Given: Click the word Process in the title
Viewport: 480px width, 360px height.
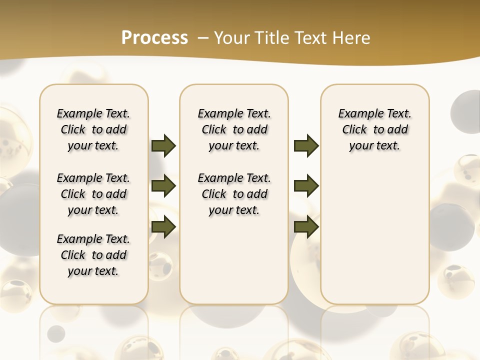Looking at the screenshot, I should (154, 37).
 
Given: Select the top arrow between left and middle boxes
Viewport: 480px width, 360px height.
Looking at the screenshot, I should (163, 146).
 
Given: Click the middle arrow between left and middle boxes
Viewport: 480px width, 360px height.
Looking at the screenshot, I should (163, 186).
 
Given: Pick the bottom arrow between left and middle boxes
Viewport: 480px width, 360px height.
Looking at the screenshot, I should (163, 226).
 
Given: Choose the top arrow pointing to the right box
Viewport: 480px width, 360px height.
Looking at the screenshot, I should (306, 146).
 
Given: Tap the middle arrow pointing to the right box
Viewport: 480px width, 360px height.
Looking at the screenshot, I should (306, 186).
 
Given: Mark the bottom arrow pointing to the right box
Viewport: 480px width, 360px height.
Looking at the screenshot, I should (306, 226).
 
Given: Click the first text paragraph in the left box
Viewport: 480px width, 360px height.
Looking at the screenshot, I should (93, 129).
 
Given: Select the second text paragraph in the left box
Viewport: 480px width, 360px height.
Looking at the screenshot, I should (93, 194).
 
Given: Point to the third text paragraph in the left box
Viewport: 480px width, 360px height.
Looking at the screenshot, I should (93, 255).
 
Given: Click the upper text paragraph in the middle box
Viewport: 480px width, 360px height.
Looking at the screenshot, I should (234, 129).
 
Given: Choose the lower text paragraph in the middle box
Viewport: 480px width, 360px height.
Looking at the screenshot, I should (234, 194).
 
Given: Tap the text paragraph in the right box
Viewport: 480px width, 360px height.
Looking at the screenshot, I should (375, 129).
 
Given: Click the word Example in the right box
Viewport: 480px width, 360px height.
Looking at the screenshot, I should (357, 113).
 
